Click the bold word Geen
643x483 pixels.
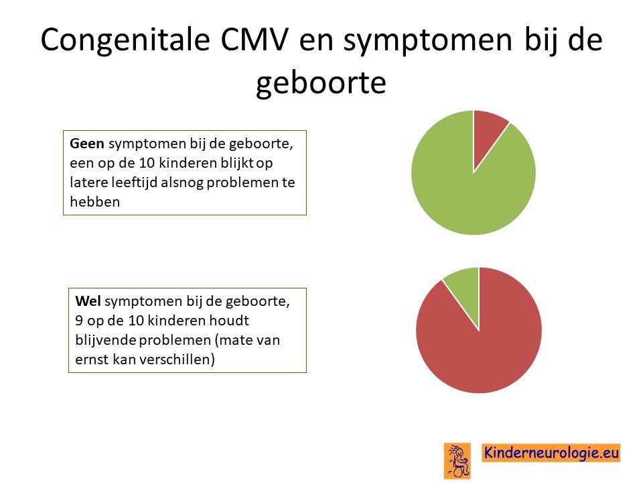87,144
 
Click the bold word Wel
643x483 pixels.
88,301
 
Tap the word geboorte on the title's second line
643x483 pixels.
321,83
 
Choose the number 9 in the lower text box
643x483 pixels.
79,321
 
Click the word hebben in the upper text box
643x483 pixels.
94,202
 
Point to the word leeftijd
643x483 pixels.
135,182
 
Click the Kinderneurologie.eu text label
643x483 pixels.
551,453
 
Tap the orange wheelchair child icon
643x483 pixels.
457,461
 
